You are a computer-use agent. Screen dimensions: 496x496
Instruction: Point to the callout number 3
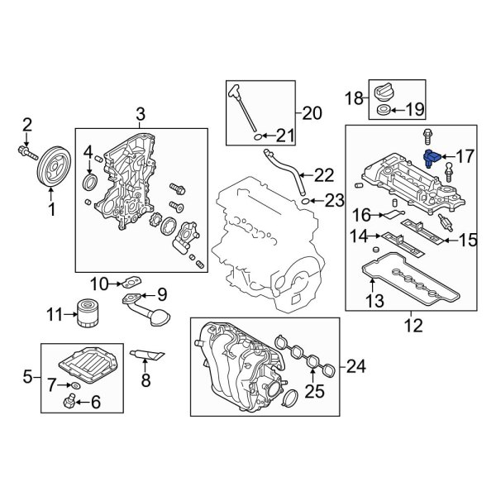140,112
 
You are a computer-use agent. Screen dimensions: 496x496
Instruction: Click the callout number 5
26,378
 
